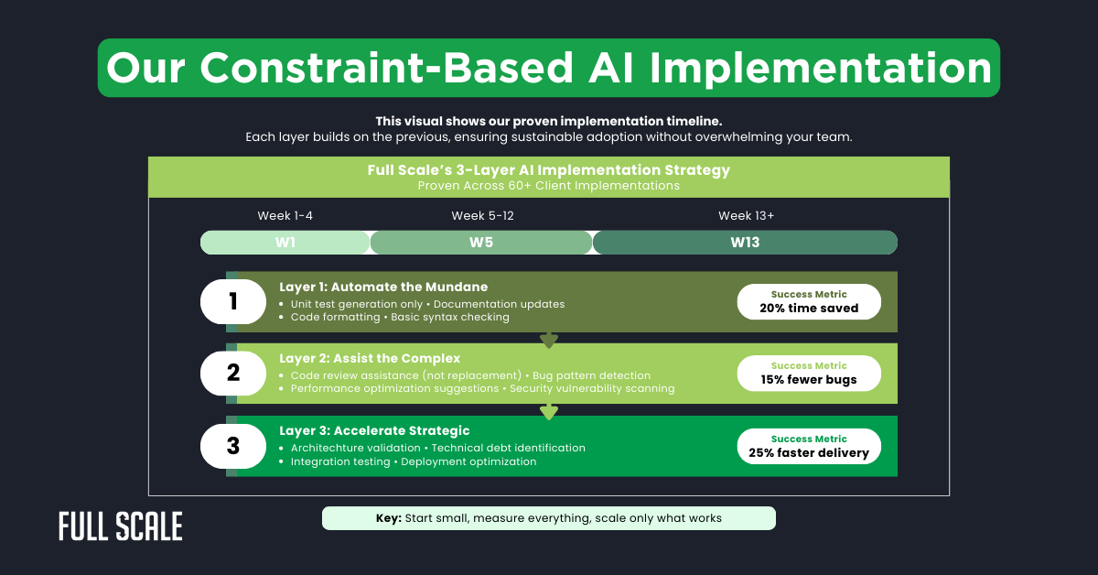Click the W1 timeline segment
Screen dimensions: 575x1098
click(x=285, y=243)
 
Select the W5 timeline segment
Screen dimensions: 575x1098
click(x=481, y=243)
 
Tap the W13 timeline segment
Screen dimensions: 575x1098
click(x=745, y=243)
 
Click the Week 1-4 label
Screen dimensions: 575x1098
click(x=285, y=216)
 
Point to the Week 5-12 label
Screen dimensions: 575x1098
click(x=482, y=216)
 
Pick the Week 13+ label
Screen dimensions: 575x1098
click(x=746, y=216)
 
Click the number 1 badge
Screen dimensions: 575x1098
click(x=232, y=301)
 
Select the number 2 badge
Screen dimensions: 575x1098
click(x=232, y=373)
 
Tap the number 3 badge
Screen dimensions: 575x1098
click(x=232, y=446)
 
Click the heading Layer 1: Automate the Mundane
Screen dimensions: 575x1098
click(x=383, y=287)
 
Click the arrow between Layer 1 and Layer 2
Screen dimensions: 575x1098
click(x=549, y=341)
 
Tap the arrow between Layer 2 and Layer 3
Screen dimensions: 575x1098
click(x=549, y=412)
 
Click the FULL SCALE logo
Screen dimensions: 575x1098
click(x=121, y=526)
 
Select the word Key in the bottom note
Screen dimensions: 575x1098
click(x=389, y=518)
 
